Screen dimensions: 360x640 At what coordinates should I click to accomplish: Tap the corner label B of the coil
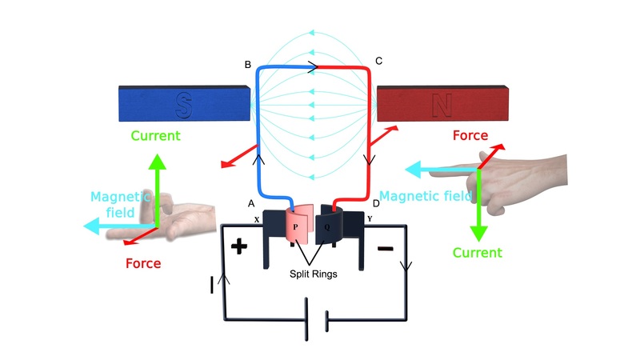pyautogui.click(x=248, y=63)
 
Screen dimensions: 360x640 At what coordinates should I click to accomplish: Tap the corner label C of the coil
pyautogui.click(x=378, y=62)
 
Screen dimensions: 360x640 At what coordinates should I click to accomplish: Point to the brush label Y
pyautogui.click(x=370, y=218)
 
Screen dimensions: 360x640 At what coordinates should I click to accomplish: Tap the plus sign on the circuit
pyautogui.click(x=239, y=246)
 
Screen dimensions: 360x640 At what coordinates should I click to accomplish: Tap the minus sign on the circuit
pyautogui.click(x=385, y=249)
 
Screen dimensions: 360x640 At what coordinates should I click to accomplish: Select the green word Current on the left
pyautogui.click(x=157, y=135)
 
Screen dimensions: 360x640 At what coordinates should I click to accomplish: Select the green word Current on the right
pyautogui.click(x=478, y=252)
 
